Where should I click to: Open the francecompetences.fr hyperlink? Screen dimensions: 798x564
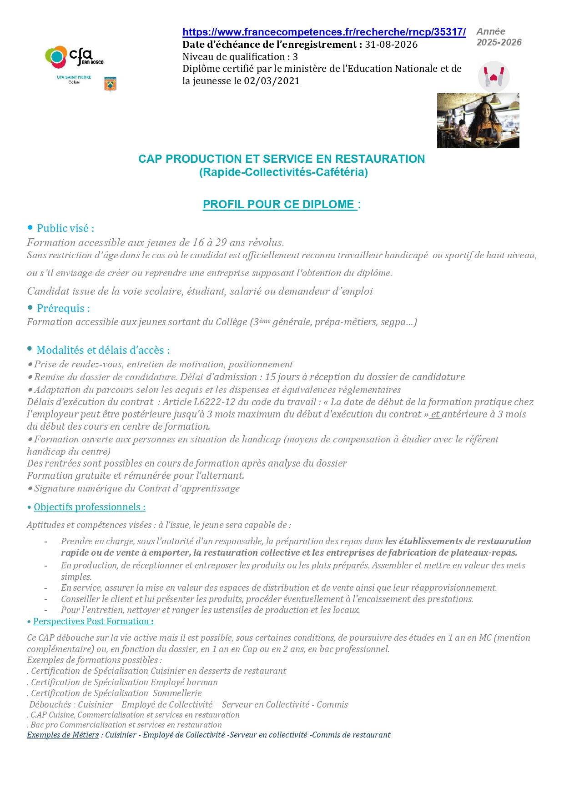324,32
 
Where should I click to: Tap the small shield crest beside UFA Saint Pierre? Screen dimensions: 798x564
110,84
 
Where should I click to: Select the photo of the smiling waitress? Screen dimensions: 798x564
478,120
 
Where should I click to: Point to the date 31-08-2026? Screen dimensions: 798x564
391,45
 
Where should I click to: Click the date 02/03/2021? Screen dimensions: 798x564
272,81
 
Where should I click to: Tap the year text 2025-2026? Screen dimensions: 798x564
499,42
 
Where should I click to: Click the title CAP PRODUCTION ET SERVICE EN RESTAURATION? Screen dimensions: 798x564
282,159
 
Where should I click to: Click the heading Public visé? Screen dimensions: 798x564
65,228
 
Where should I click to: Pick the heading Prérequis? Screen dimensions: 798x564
63,308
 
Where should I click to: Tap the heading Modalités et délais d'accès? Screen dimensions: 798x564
103,350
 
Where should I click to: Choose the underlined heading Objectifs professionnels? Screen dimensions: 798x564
90,507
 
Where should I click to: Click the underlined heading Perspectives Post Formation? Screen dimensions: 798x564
93,622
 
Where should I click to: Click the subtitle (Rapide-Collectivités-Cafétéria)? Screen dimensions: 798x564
283,172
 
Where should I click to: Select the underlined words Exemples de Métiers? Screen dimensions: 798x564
63,735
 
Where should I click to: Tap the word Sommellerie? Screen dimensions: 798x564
177,693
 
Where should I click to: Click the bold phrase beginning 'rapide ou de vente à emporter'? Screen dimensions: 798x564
289,553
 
